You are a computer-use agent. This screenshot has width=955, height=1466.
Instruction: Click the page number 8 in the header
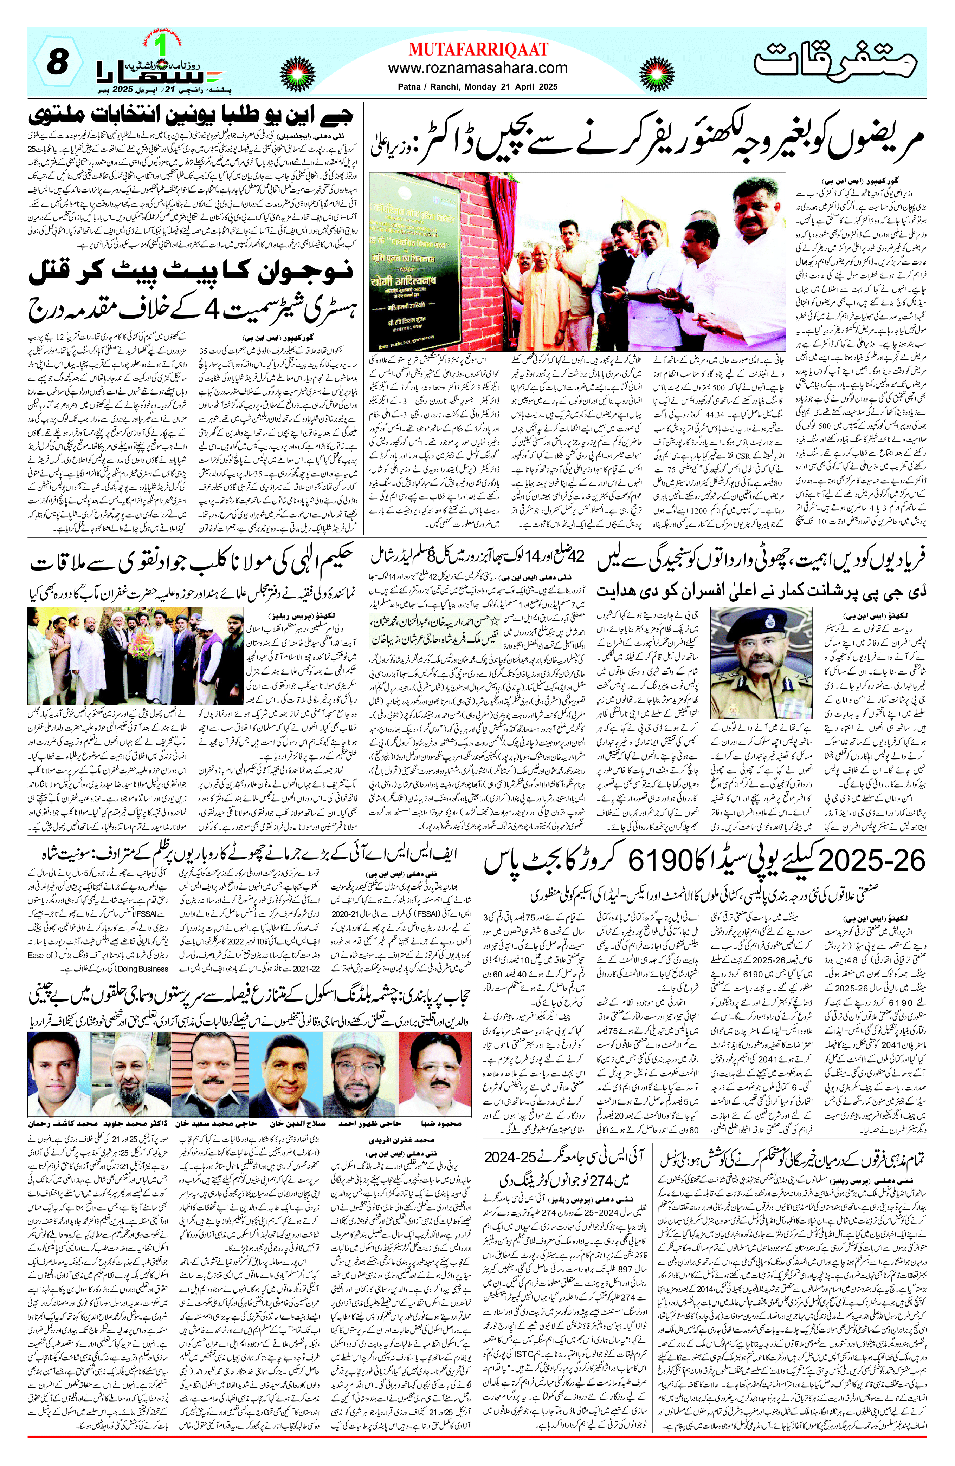pos(57,64)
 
